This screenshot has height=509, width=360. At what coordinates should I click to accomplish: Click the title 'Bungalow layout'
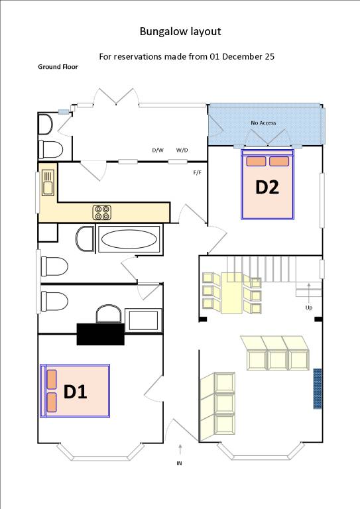pyautogui.click(x=180, y=31)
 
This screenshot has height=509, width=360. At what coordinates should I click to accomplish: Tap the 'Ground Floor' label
pyautogui.click(x=58, y=68)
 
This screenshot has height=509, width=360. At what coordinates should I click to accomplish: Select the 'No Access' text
pyautogui.click(x=263, y=123)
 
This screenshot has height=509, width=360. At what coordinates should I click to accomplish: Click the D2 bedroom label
pyautogui.click(x=267, y=187)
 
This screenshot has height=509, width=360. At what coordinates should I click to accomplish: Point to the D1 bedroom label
pyautogui.click(x=75, y=392)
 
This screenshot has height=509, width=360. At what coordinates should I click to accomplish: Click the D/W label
pyautogui.click(x=158, y=150)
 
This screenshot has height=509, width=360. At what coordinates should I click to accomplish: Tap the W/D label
pyautogui.click(x=182, y=150)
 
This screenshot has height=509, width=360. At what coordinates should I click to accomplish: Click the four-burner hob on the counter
pyautogui.click(x=102, y=212)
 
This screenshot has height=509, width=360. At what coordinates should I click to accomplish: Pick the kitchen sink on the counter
pyautogui.click(x=48, y=182)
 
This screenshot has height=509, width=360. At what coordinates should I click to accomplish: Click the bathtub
pyautogui.click(x=129, y=239)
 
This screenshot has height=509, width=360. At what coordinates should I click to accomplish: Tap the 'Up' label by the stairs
pyautogui.click(x=308, y=308)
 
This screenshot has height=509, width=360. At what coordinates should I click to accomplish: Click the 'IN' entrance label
pyautogui.click(x=179, y=463)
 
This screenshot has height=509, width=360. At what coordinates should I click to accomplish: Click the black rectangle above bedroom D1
pyautogui.click(x=101, y=334)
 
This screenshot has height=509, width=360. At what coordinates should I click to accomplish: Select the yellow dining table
pyautogui.click(x=233, y=292)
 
